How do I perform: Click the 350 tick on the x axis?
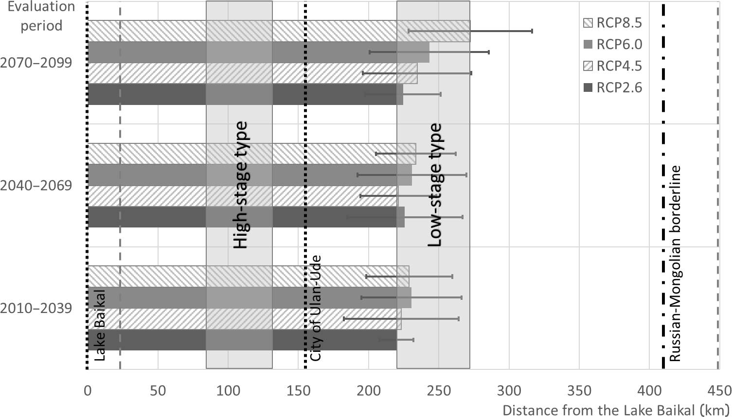(579, 391)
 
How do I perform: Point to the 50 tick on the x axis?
(158, 391)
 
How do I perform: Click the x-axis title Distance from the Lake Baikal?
(615, 409)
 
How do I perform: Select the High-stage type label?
(240, 185)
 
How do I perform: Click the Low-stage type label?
(434, 185)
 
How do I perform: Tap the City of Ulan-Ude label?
(316, 307)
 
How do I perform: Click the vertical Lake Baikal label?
(100, 325)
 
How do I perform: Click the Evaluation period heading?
(41, 16)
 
